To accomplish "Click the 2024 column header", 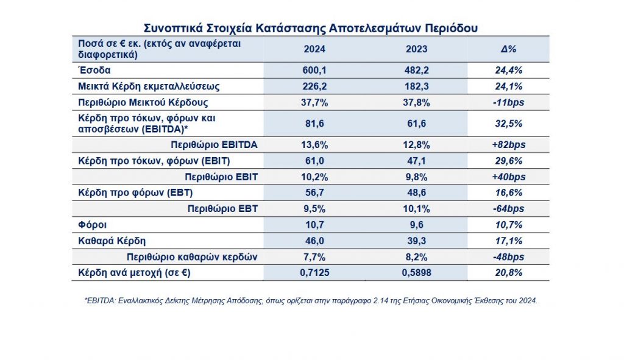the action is pyautogui.click(x=314, y=49).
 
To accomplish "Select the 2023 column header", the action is pyautogui.click(x=416, y=49).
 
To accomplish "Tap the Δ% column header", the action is pyautogui.click(x=509, y=49).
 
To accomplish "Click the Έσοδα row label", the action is pyautogui.click(x=94, y=71).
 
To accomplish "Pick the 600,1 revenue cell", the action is pyautogui.click(x=314, y=71).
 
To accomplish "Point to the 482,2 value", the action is pyautogui.click(x=416, y=71).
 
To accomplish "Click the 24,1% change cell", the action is pyautogui.click(x=509, y=86).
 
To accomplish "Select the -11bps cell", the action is pyautogui.click(x=509, y=102).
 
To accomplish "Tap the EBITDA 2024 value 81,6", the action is pyautogui.click(x=314, y=124).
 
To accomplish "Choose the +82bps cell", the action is pyautogui.click(x=509, y=145).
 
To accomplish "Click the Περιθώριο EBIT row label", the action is pyautogui.click(x=221, y=177).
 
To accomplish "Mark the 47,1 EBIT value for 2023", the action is pyautogui.click(x=416, y=161).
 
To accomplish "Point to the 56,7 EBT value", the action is pyautogui.click(x=314, y=193).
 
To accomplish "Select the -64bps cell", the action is pyautogui.click(x=509, y=209).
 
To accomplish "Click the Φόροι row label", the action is pyautogui.click(x=93, y=225).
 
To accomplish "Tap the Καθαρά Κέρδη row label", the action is pyautogui.click(x=112, y=241).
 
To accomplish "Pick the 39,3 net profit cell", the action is pyautogui.click(x=416, y=241).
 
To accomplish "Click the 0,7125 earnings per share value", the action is pyautogui.click(x=314, y=273).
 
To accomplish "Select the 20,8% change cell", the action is pyautogui.click(x=509, y=273).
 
